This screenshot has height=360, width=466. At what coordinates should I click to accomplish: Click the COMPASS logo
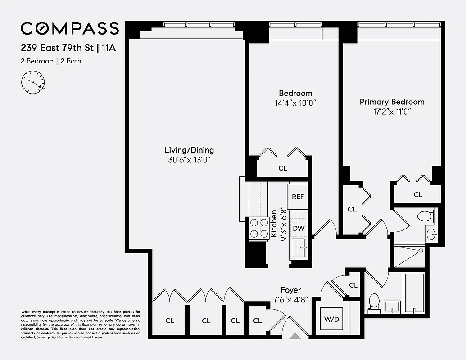(x=70, y=28)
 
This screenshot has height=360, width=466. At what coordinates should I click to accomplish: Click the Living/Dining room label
(x=189, y=150)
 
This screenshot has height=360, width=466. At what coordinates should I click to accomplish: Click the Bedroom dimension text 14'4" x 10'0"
(x=295, y=103)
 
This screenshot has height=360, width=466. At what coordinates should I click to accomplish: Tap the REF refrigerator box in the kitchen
(x=298, y=197)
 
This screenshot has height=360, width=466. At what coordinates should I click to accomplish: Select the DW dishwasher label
(x=299, y=229)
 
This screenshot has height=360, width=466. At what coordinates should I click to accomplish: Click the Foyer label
(x=290, y=290)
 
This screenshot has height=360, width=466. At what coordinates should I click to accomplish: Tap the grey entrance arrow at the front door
(x=295, y=335)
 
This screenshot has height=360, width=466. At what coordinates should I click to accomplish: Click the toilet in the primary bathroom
(x=425, y=216)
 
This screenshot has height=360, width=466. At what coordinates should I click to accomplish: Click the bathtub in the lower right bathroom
(x=413, y=293)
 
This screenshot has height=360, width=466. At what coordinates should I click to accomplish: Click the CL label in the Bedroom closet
(x=283, y=168)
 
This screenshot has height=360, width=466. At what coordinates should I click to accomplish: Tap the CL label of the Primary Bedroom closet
(x=418, y=195)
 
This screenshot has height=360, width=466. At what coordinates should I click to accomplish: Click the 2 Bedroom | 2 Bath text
(x=51, y=61)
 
